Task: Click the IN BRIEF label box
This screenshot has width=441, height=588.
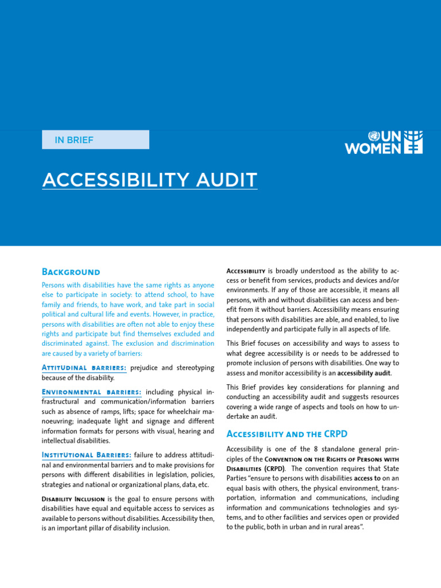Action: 95,140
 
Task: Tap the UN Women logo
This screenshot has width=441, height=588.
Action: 384,142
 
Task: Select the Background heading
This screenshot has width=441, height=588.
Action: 71,272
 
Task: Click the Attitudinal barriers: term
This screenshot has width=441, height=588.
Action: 84,367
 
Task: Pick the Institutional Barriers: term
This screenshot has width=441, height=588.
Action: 87,455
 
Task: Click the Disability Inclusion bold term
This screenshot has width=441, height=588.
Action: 73,498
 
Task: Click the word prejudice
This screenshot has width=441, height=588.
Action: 149,367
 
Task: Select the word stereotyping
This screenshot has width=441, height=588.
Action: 193,367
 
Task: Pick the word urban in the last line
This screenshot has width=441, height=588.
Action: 311,528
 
